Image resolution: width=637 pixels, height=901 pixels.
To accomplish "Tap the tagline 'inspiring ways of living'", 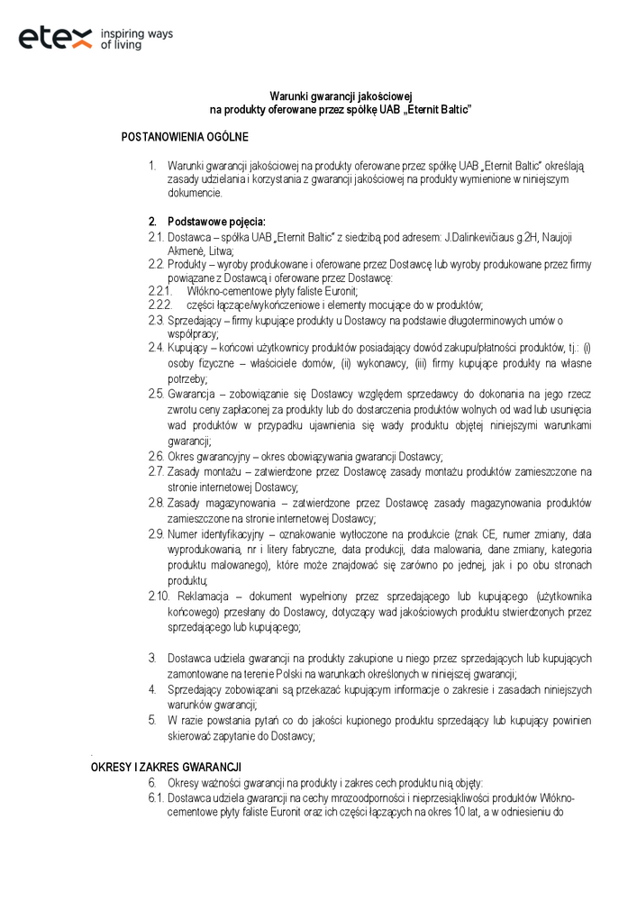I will [136, 38].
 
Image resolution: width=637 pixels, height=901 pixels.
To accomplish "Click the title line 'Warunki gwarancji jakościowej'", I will [341, 96].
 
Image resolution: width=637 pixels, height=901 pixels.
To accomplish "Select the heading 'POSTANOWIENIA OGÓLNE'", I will [185, 137].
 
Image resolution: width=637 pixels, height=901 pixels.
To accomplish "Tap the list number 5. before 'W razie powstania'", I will [152, 720].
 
